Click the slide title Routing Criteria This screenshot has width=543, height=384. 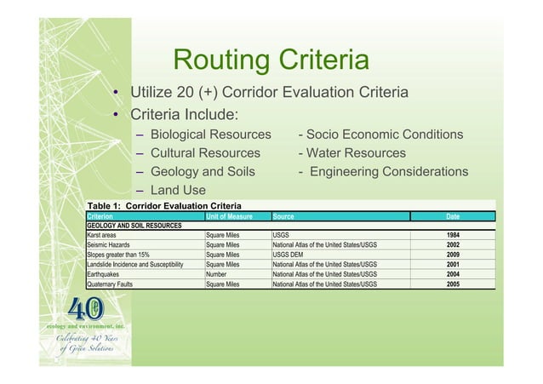point(270,61)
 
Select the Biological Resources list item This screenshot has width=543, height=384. point(209,135)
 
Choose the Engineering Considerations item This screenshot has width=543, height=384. point(382,172)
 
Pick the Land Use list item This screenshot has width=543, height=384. point(179,191)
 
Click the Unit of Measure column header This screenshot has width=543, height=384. point(229,216)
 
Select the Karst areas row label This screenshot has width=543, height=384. point(107,235)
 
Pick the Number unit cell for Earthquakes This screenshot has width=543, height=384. point(220,275)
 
